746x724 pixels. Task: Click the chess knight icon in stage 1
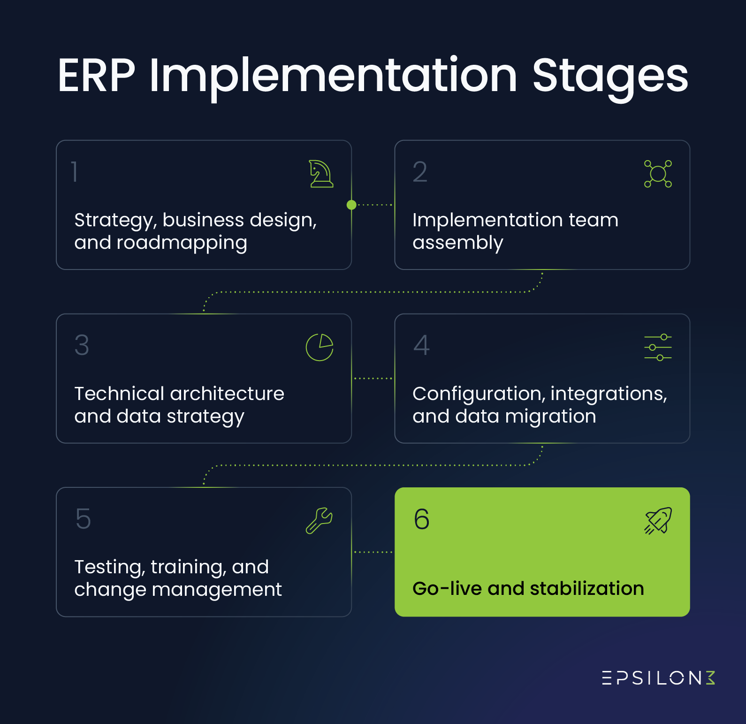click(321, 174)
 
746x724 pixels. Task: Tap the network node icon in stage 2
click(658, 174)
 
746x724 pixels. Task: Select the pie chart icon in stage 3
click(320, 347)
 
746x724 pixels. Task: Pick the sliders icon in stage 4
click(658, 347)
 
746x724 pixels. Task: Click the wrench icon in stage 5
click(319, 521)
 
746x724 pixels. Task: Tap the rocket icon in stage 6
click(658, 521)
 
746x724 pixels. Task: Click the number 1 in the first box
click(75, 172)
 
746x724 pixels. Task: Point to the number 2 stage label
click(420, 172)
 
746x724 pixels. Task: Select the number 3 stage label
click(82, 346)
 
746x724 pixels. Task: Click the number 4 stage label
click(421, 346)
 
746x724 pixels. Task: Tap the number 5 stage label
click(83, 519)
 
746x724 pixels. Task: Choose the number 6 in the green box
click(421, 519)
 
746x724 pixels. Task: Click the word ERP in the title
click(96, 76)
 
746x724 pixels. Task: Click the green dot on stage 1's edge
click(351, 205)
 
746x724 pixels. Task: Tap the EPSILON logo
click(658, 678)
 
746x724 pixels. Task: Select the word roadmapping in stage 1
click(182, 243)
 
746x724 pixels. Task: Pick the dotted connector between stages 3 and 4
click(373, 378)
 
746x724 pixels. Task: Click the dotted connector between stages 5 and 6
click(373, 552)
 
